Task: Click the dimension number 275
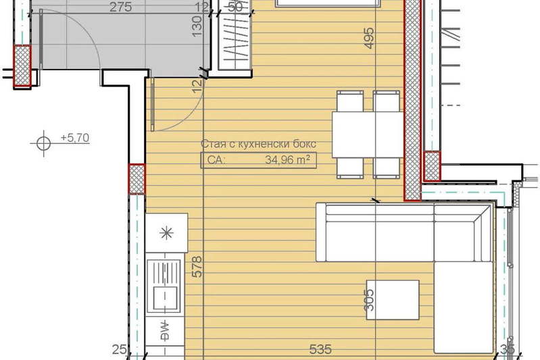pyautogui.click(x=120, y=7)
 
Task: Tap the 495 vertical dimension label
pyautogui.click(x=368, y=38)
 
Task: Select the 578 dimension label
pyautogui.click(x=197, y=267)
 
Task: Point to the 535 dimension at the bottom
pyautogui.click(x=320, y=349)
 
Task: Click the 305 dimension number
pyautogui.click(x=369, y=300)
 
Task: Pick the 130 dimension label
pyautogui.click(x=197, y=26)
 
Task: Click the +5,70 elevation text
pyautogui.click(x=75, y=138)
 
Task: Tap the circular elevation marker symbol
pyautogui.click(x=43, y=143)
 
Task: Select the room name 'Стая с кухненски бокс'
pyautogui.click(x=258, y=143)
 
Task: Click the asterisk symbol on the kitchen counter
pyautogui.click(x=167, y=233)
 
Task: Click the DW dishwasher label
pyautogui.click(x=166, y=330)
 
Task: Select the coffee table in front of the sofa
pyautogui.click(x=393, y=300)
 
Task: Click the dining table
pyautogui.click(x=368, y=134)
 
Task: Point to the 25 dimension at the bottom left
pyautogui.click(x=119, y=349)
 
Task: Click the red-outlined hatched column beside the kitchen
pyautogui.click(x=137, y=179)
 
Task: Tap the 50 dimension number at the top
pyautogui.click(x=236, y=7)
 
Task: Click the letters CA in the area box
pyautogui.click(x=216, y=160)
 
